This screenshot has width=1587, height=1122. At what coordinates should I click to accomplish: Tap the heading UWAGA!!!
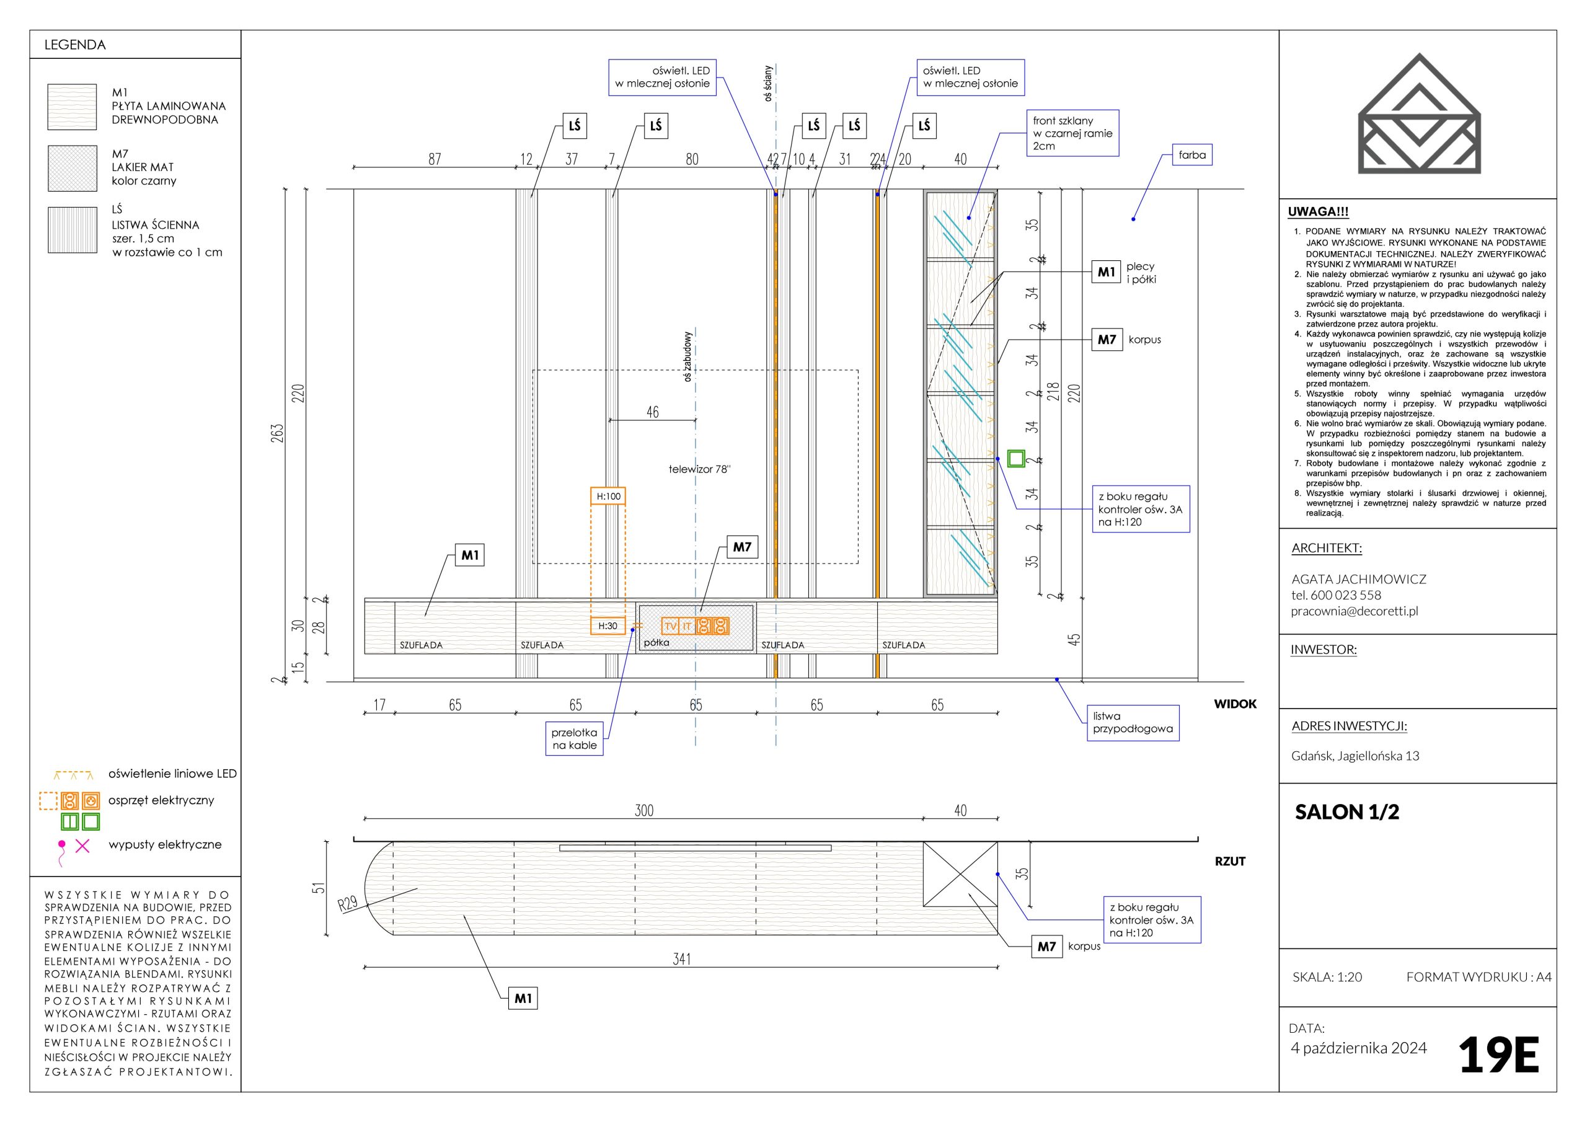1318,212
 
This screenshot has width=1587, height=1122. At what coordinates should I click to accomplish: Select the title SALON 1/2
1346,811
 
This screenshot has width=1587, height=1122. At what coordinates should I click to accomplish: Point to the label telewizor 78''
699,469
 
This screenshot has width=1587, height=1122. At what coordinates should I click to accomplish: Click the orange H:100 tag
608,497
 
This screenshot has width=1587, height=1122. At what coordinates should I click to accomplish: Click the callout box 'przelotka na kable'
575,739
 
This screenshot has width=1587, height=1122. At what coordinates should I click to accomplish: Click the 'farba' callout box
1191,156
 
